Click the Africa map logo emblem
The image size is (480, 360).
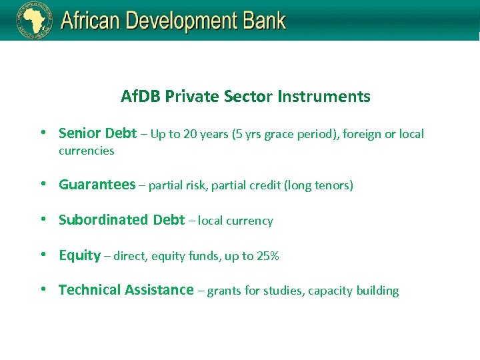(x=34, y=20)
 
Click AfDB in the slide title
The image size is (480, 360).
(x=141, y=97)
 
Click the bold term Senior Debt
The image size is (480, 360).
(x=97, y=133)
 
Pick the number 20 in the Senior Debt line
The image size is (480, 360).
(x=190, y=134)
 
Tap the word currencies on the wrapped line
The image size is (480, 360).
(x=87, y=151)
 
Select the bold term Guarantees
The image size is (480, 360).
(x=97, y=185)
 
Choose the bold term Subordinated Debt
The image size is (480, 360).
(x=121, y=220)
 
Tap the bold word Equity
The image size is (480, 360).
(x=79, y=255)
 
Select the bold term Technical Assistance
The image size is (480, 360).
(x=126, y=290)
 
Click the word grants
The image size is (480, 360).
(x=224, y=291)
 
